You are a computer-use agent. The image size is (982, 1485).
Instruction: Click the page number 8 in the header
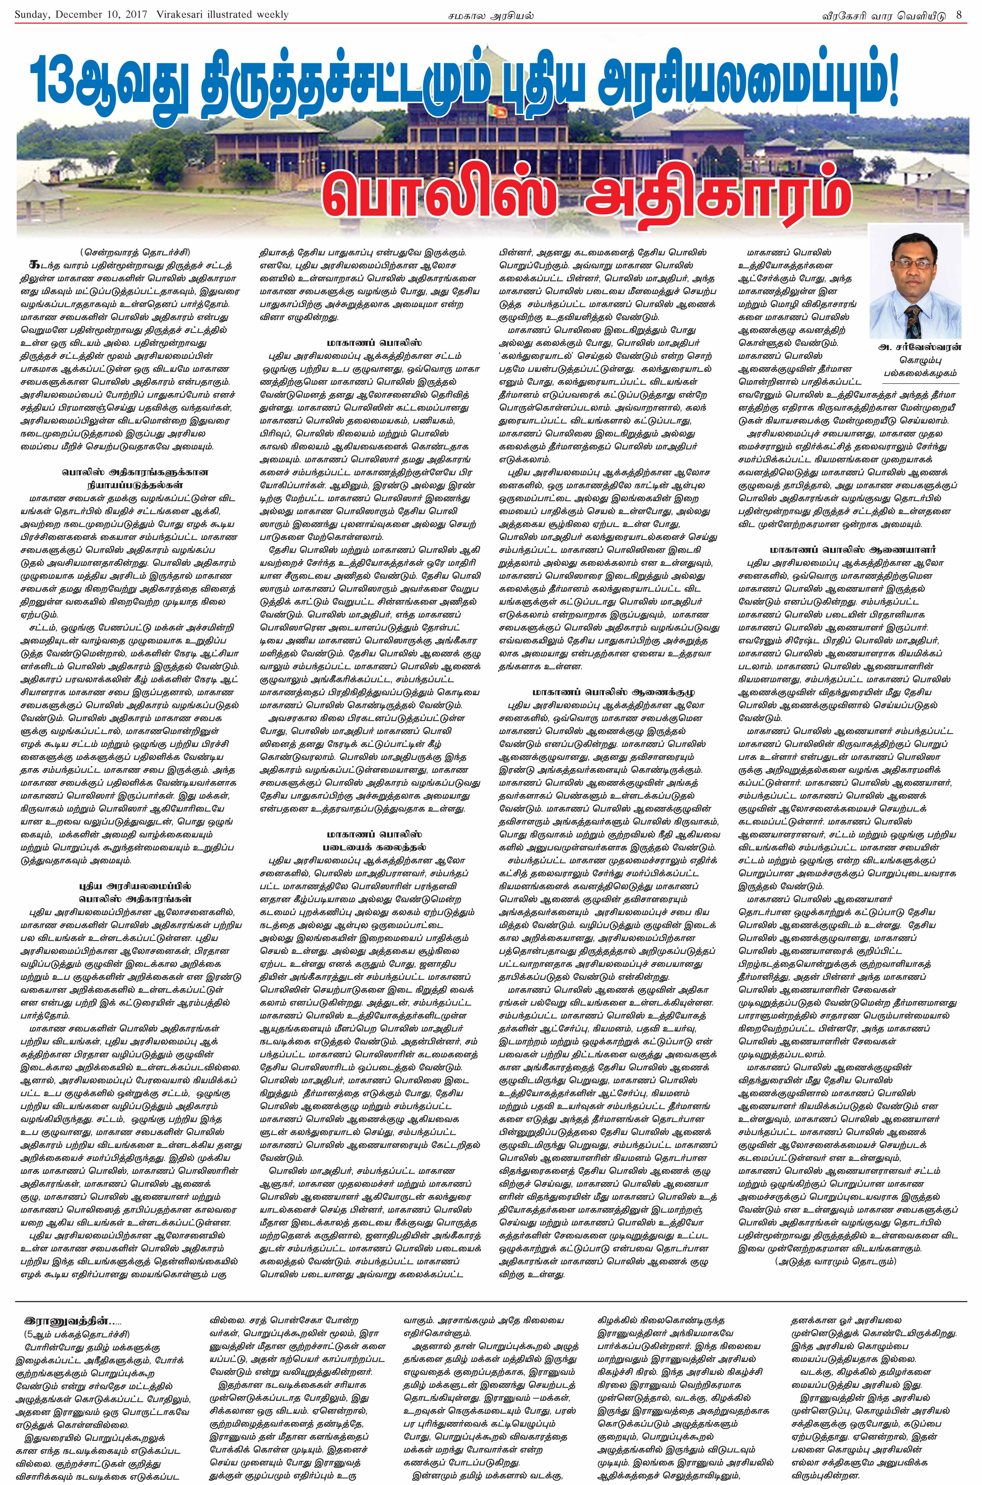pyautogui.click(x=959, y=14)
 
